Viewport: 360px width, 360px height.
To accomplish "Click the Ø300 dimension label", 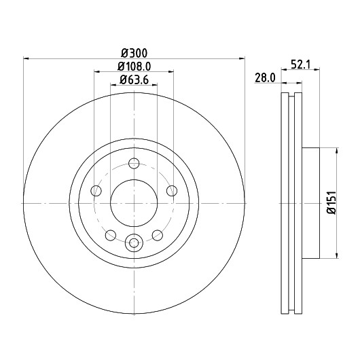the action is click(x=134, y=53).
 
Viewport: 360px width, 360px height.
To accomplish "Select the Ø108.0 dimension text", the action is click(x=134, y=67).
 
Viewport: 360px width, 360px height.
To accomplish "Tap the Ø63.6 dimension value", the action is click(x=134, y=79).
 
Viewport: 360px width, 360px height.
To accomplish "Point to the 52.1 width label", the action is click(x=300, y=65).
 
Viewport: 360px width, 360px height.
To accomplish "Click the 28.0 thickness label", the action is click(x=265, y=78).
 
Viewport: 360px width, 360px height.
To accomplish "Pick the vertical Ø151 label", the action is click(x=331, y=202).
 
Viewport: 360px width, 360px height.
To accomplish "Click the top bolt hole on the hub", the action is click(x=134, y=163).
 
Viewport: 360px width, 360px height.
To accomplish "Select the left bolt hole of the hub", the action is click(x=96, y=191).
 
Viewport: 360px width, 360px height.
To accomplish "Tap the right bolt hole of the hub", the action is click(x=172, y=191).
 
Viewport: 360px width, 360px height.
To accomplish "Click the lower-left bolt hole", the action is click(x=111, y=235).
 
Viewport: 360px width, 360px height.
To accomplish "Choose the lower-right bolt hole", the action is click(x=158, y=235).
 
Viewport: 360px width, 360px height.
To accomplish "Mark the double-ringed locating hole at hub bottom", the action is click(x=134, y=242).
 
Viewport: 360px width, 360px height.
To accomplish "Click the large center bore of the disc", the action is click(x=134, y=203).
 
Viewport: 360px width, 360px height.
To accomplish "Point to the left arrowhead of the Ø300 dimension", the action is click(x=26, y=59).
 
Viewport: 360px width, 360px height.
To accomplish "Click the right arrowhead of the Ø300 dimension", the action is click(x=242, y=59).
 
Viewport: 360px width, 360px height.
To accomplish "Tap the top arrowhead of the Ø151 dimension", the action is click(x=337, y=151).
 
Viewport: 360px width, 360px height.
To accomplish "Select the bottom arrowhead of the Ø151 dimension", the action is click(x=337, y=255).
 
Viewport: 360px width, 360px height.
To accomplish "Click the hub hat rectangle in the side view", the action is click(x=310, y=203).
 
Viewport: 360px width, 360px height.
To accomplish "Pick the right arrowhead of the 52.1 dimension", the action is click(x=317, y=69).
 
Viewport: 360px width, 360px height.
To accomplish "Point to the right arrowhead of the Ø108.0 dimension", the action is click(x=170, y=72).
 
